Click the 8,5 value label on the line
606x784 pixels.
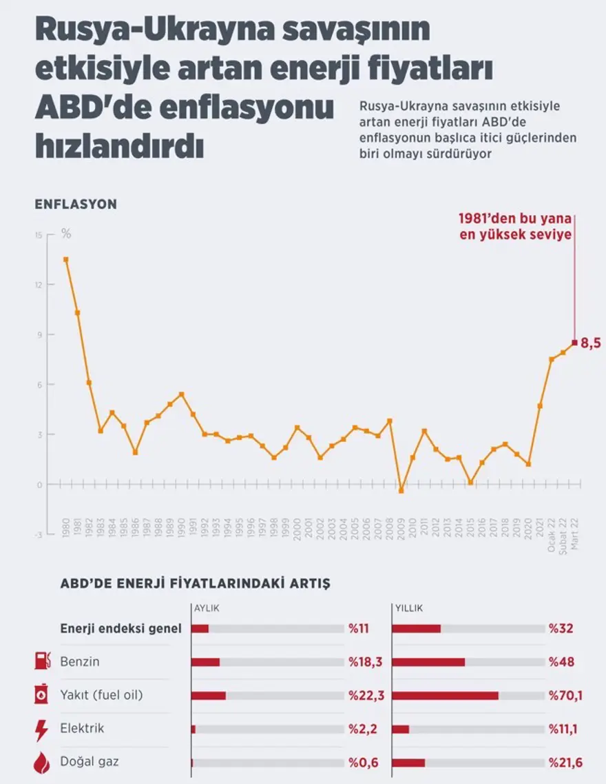(591, 343)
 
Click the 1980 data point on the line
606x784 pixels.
(65, 259)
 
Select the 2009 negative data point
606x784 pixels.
(401, 490)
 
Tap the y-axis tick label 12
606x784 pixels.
(39, 285)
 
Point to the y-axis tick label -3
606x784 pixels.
(39, 534)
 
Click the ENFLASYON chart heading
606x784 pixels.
(76, 204)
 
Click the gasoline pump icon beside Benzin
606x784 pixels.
(42, 661)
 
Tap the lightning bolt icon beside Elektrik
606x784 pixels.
(41, 728)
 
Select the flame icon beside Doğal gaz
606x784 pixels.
(41, 762)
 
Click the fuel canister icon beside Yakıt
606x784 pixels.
(41, 695)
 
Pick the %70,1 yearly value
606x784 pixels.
(565, 695)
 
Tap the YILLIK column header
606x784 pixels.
(408, 608)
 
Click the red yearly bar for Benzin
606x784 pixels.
(428, 662)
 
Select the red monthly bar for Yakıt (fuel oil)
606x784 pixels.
(209, 695)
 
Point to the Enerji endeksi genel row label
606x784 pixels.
(121, 628)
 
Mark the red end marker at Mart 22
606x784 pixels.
(574, 342)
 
